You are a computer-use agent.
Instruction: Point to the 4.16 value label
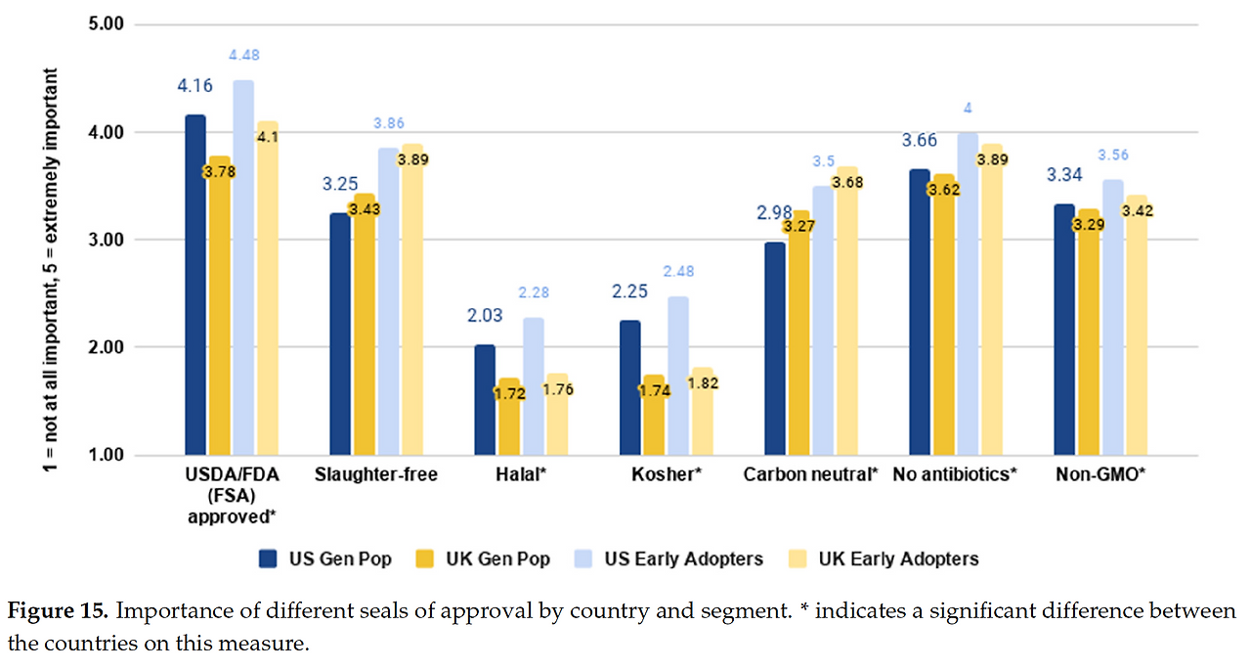(195, 86)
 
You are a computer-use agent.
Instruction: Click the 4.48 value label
(243, 55)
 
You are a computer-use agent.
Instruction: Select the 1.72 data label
(508, 394)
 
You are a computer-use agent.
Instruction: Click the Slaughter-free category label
(376, 476)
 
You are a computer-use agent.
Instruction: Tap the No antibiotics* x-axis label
(956, 476)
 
